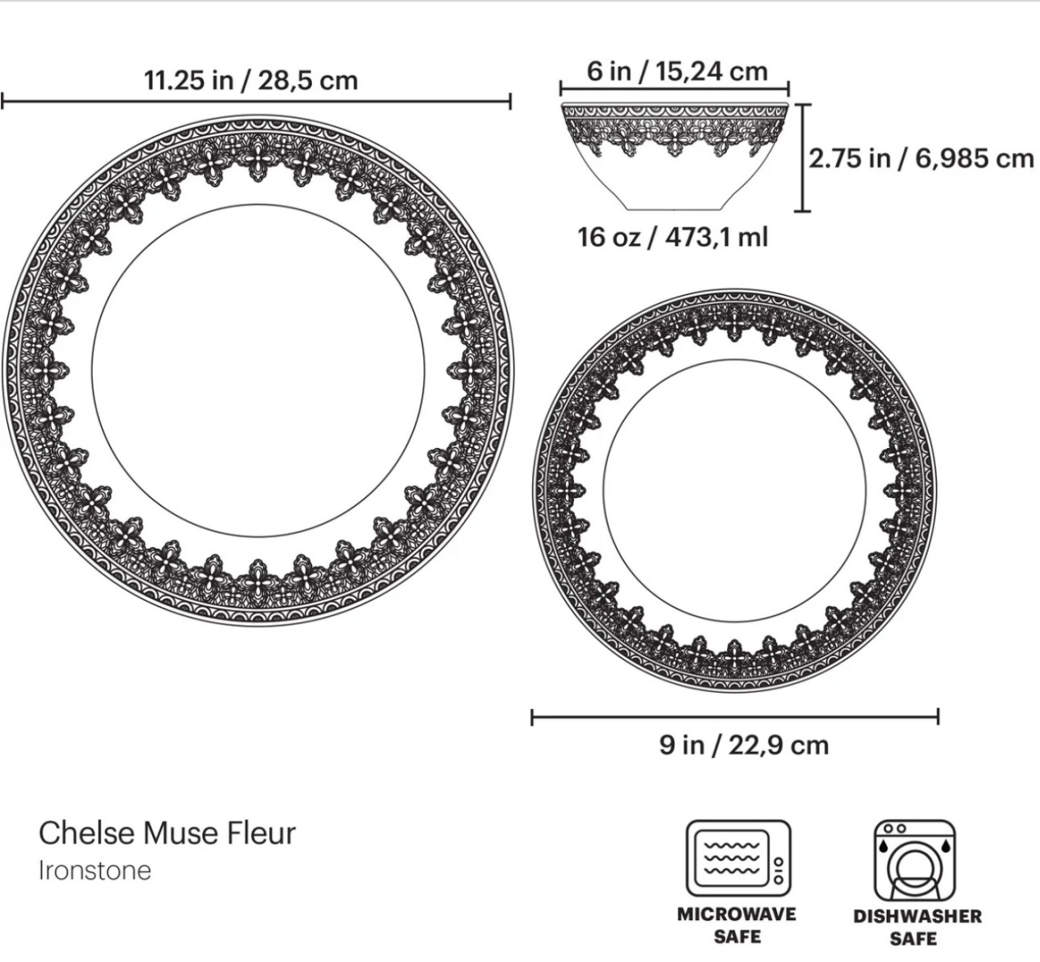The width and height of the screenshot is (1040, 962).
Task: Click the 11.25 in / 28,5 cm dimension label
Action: click(x=250, y=80)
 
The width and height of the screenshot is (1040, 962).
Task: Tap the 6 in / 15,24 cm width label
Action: click(x=677, y=71)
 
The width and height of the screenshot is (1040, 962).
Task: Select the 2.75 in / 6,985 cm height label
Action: click(x=921, y=159)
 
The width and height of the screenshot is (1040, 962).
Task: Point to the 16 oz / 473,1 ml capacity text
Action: click(x=673, y=237)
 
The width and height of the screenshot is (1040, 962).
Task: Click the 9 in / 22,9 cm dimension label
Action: click(x=744, y=746)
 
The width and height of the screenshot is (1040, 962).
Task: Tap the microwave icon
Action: click(x=738, y=858)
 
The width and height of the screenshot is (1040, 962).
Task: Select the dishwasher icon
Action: click(x=914, y=860)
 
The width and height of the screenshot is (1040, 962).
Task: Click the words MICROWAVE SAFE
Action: click(x=737, y=925)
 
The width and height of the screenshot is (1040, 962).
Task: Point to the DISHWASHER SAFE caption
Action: click(x=917, y=927)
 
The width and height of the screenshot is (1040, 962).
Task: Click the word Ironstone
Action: click(x=94, y=870)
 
